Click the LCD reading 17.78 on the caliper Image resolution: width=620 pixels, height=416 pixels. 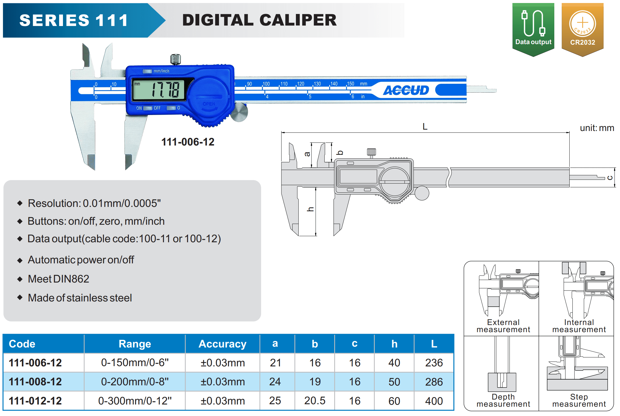(x=166, y=90)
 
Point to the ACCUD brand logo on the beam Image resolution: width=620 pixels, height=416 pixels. (x=406, y=90)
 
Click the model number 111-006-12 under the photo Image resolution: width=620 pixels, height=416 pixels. (x=188, y=142)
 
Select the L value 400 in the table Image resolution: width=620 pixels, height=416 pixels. (x=434, y=401)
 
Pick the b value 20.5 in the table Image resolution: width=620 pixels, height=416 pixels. (x=315, y=401)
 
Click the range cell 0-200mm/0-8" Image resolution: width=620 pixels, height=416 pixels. (x=135, y=381)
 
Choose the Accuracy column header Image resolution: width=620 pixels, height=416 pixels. (x=223, y=344)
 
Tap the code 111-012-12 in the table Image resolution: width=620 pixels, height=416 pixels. (x=35, y=401)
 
